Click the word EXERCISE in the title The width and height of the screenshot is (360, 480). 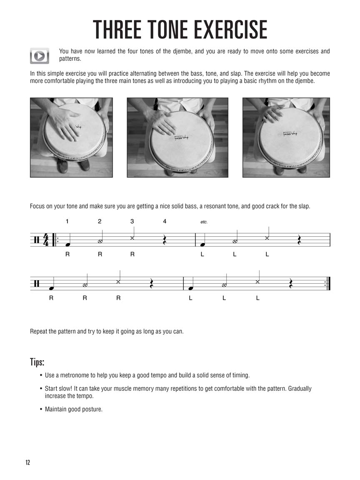223,30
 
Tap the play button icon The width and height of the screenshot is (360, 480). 40,55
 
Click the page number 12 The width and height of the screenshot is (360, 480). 27,462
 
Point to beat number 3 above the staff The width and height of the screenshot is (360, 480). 132,221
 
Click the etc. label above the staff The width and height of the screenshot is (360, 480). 204,222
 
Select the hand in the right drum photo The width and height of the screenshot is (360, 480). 273,113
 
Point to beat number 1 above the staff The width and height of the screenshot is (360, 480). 67,221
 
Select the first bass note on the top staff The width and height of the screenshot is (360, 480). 67,245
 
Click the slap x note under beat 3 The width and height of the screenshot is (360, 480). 132,238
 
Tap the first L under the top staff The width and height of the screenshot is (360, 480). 202,254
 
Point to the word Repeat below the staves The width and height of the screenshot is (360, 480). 39,332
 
